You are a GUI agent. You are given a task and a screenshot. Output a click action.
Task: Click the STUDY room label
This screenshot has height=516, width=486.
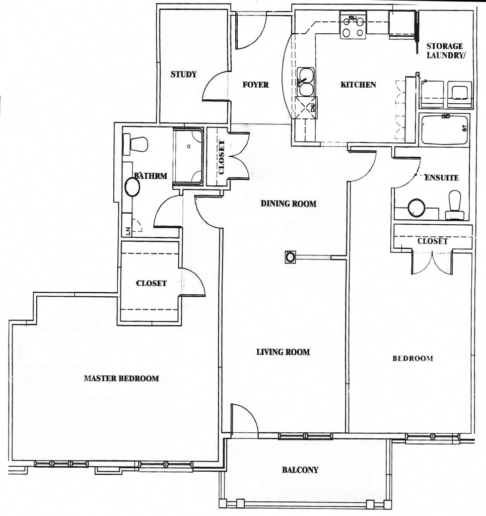pyautogui.click(x=183, y=75)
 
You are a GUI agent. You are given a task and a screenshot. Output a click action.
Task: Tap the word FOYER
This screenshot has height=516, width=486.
pyautogui.click(x=255, y=85)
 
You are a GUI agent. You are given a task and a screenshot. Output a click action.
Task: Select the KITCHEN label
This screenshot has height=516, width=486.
pyautogui.click(x=358, y=85)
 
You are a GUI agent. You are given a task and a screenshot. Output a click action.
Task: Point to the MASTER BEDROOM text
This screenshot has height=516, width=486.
pyautogui.click(x=121, y=378)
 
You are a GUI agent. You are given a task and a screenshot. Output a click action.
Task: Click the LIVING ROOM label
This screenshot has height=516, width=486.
pyautogui.click(x=283, y=352)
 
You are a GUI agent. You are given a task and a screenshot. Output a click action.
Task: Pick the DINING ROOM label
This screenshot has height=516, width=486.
pyautogui.click(x=289, y=204)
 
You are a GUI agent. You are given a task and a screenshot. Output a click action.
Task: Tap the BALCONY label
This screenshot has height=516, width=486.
pyautogui.click(x=300, y=470)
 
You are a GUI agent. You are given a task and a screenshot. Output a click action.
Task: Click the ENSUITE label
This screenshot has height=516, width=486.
pyautogui.click(x=442, y=178)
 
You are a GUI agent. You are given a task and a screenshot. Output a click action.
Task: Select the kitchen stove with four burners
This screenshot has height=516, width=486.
pyautogui.click(x=353, y=25)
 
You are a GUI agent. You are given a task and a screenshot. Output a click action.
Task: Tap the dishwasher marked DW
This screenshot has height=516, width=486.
pyautogui.click(x=306, y=107)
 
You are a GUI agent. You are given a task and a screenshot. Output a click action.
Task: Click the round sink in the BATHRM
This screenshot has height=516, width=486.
pyautogui.click(x=132, y=187)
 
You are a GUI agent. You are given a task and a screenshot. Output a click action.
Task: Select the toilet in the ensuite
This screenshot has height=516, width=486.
pyautogui.click(x=456, y=205)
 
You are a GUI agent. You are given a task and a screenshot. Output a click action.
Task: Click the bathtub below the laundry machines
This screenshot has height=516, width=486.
pyautogui.click(x=445, y=130)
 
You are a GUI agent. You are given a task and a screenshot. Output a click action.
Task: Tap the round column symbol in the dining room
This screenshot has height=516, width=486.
pyautogui.click(x=291, y=257)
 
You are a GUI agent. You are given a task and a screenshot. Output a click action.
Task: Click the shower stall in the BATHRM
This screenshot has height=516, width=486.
pyautogui.click(x=188, y=156)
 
